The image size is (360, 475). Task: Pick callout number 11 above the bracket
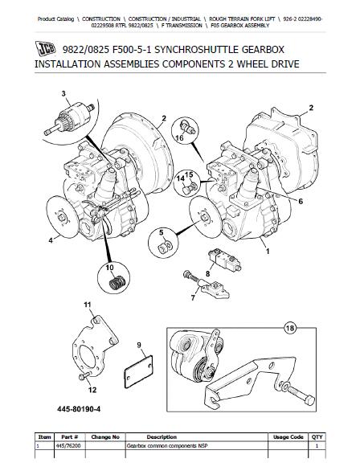coord(89,305)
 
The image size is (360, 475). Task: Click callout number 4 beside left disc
coord(49,240)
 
